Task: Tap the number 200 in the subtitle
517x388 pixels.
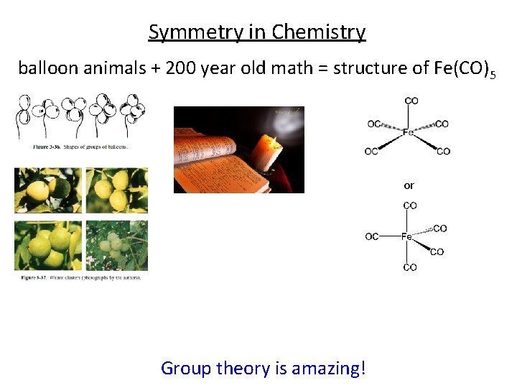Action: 182,68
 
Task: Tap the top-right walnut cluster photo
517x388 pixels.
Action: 116,190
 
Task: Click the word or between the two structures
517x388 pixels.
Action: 409,185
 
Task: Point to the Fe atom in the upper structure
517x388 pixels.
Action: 408,133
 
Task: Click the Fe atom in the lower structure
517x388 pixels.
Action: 406,236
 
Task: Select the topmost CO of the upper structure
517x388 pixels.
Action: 411,101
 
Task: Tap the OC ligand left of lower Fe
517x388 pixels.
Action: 372,236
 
